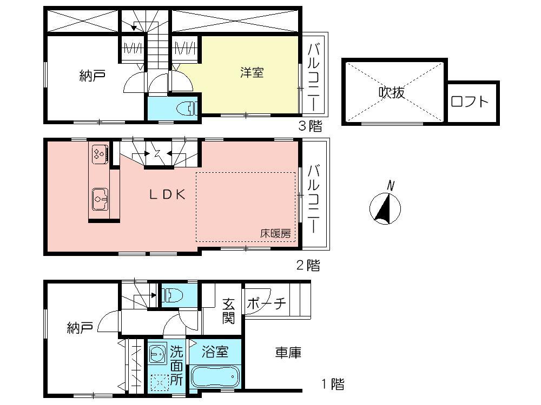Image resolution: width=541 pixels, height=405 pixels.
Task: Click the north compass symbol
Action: (385, 208)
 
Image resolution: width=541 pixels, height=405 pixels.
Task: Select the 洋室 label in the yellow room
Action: (252, 72)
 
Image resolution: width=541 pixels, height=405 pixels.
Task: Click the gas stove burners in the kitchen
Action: (99, 154)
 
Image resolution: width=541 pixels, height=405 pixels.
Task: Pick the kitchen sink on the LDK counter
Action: (100, 199)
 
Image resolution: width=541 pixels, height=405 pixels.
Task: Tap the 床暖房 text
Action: (275, 234)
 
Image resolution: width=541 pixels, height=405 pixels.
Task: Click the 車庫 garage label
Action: (288, 353)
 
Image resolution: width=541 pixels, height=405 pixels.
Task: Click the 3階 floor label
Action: (311, 127)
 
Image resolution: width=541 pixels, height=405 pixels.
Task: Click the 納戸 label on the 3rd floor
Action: (92, 76)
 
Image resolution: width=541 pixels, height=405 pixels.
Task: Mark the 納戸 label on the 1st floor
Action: (80, 327)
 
